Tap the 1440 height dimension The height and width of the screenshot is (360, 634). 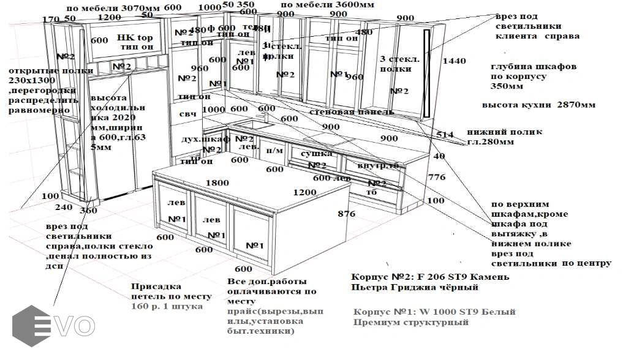pyautogui.click(x=454, y=61)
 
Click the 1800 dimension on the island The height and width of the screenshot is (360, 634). pyautogui.click(x=217, y=182)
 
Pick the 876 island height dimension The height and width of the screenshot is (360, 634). pyautogui.click(x=346, y=214)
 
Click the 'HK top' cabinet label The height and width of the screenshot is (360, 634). pyautogui.click(x=135, y=38)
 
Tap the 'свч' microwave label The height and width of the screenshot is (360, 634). pyautogui.click(x=187, y=114)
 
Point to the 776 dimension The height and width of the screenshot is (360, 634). pyautogui.click(x=436, y=178)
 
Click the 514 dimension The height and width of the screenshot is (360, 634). pyautogui.click(x=445, y=135)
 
